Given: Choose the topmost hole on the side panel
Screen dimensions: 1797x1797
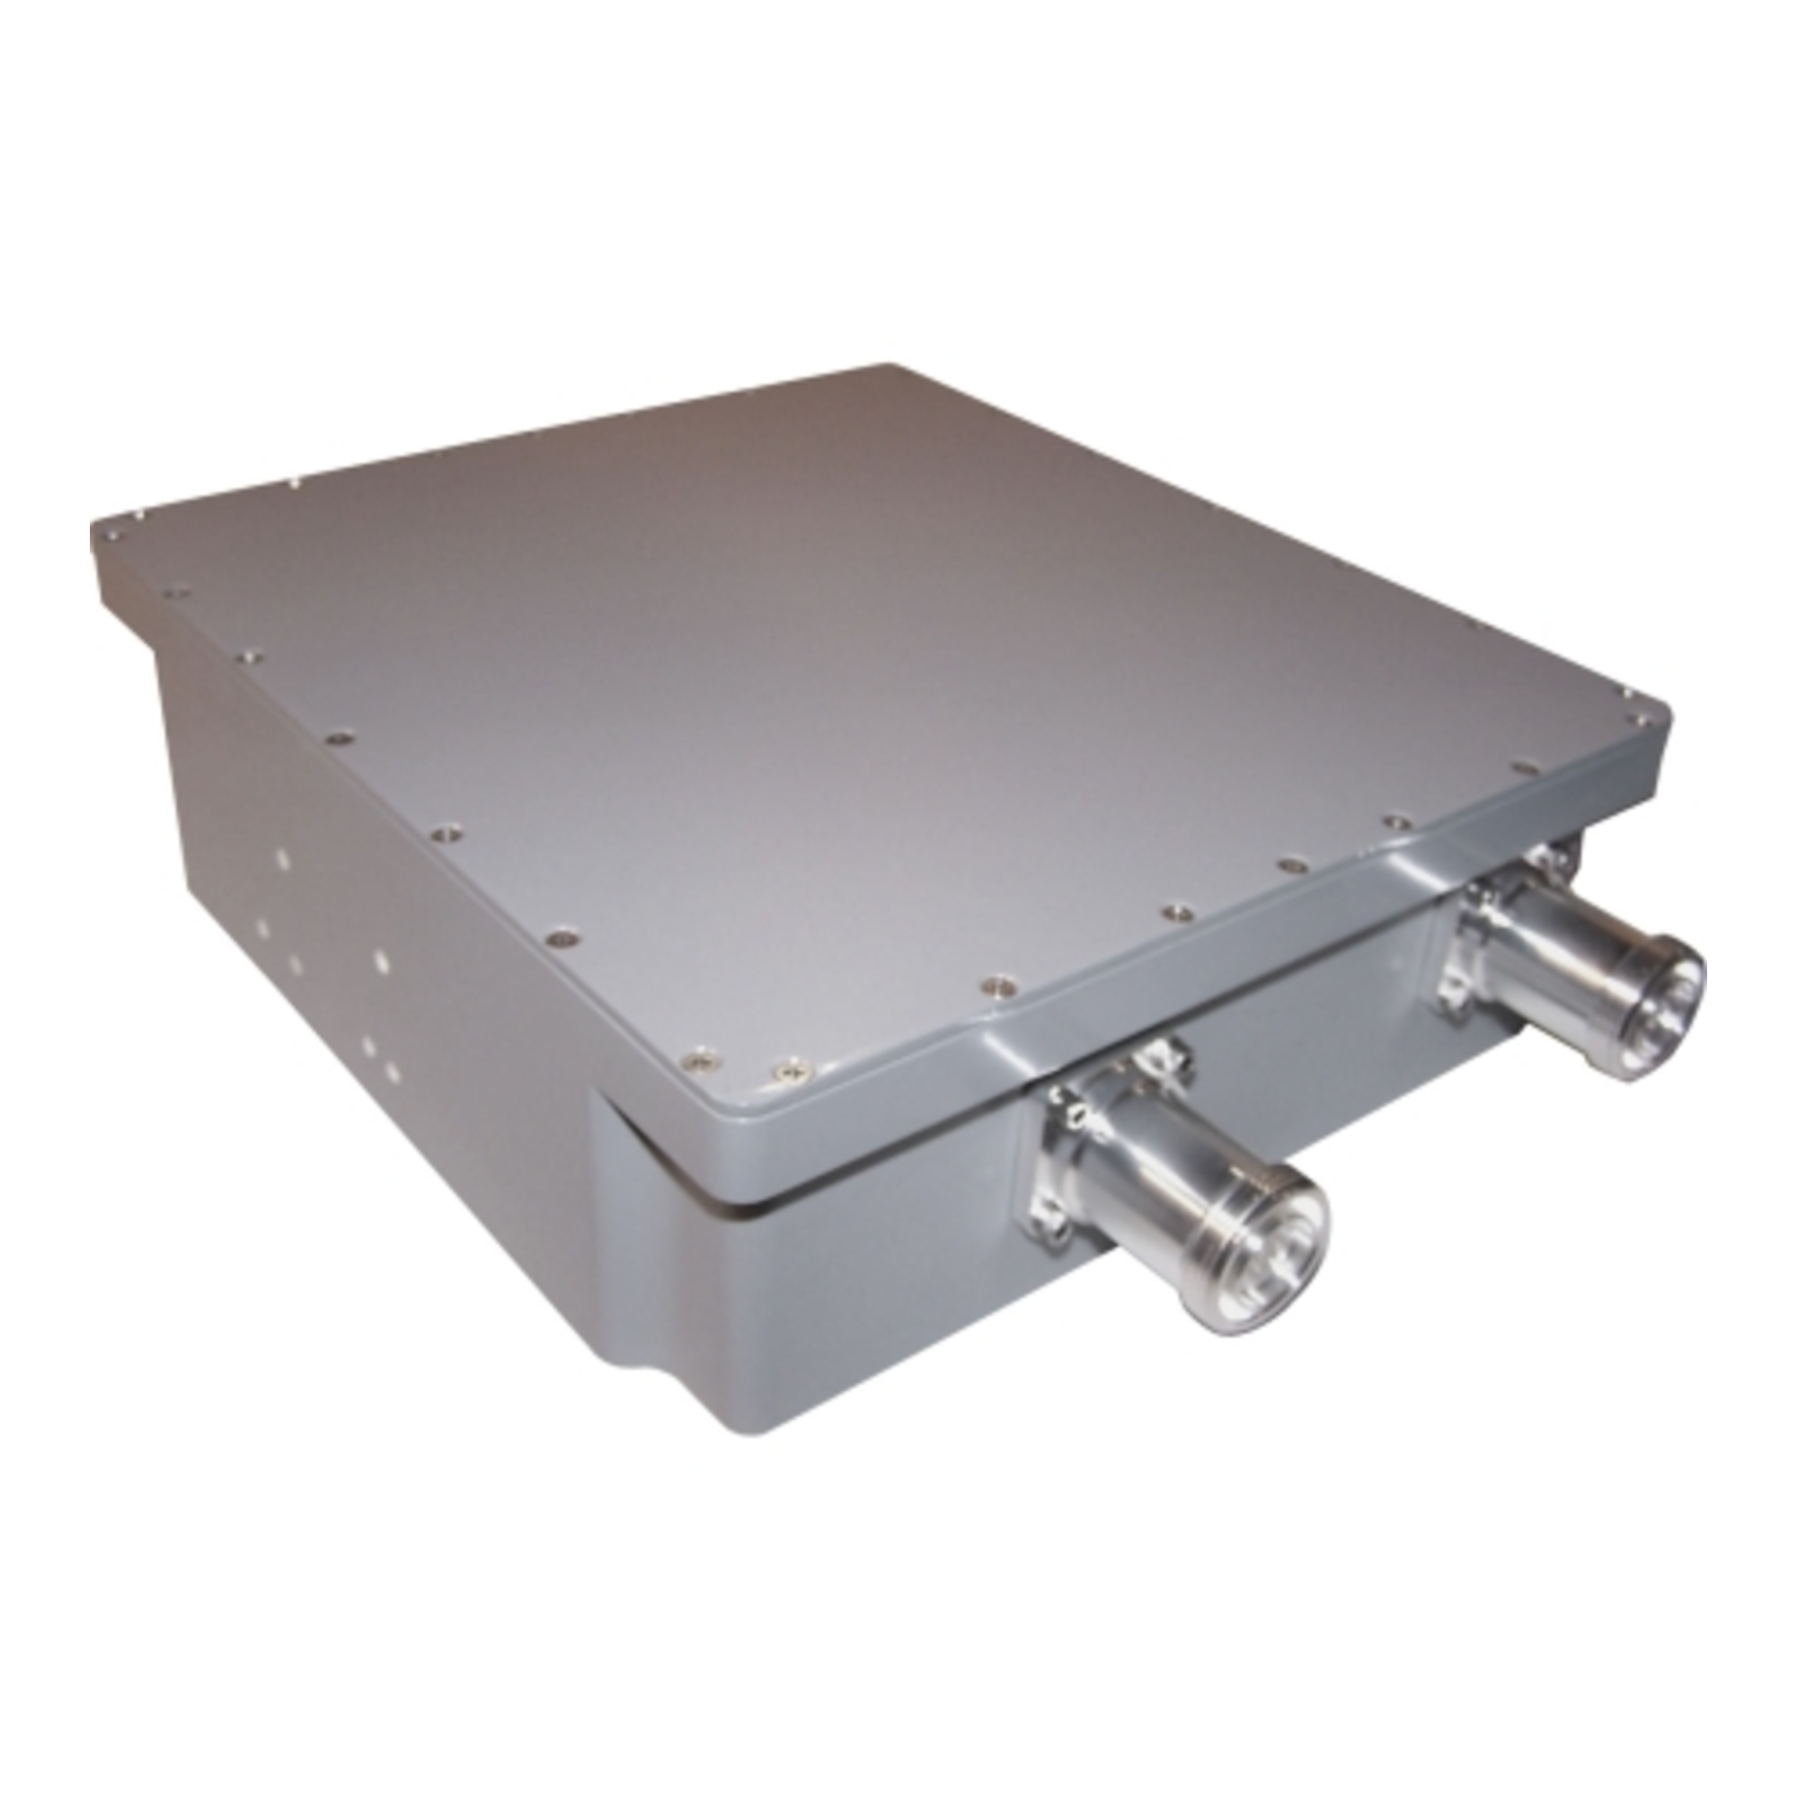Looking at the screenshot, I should (x=282, y=861).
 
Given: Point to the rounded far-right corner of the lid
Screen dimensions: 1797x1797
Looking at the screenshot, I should (x=1660, y=721).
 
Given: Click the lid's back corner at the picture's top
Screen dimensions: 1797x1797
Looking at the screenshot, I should (x=883, y=367).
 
